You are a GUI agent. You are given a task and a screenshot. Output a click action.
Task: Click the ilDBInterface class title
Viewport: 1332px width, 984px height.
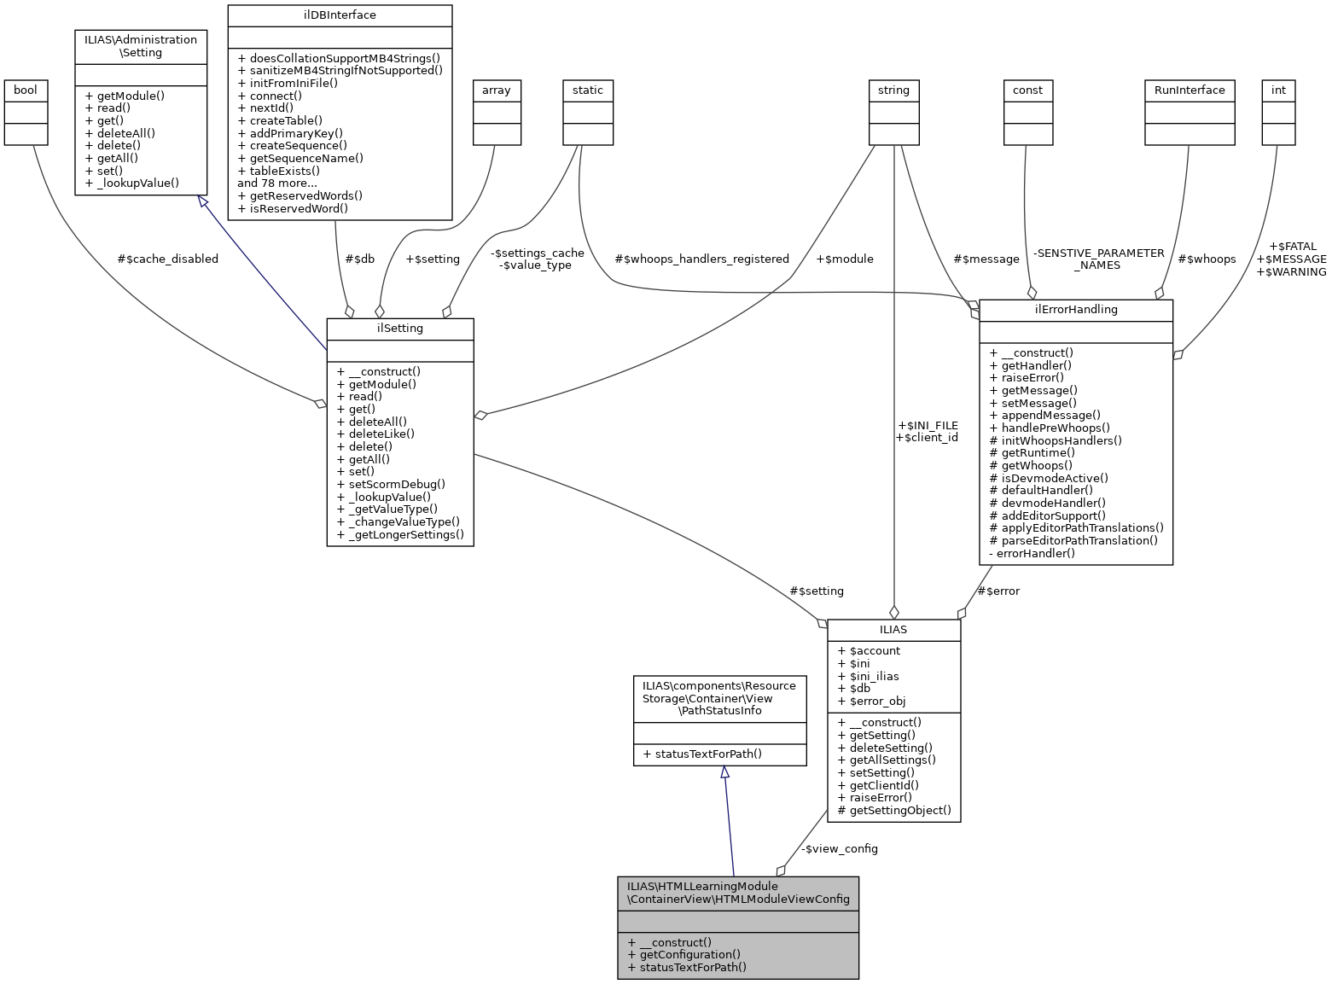tap(339, 15)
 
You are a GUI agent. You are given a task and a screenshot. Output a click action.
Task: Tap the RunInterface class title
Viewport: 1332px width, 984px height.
tap(1189, 90)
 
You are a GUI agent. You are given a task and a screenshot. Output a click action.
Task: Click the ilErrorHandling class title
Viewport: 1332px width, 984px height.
tap(1075, 310)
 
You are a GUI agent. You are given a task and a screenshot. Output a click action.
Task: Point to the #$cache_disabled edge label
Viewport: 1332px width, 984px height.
tap(167, 259)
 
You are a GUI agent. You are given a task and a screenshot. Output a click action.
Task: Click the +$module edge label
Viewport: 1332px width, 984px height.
tap(845, 259)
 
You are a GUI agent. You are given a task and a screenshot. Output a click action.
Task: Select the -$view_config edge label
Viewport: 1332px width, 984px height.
tap(840, 848)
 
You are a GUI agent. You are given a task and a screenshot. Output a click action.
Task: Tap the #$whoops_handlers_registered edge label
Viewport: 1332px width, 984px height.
tap(701, 259)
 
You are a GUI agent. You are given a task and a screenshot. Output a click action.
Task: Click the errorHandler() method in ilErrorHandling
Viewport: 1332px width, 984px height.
tap(1032, 553)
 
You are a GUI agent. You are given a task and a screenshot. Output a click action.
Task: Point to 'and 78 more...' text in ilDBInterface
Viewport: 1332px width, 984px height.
tap(277, 183)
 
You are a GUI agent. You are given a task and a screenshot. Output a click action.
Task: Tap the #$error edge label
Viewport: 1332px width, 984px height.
tap(998, 591)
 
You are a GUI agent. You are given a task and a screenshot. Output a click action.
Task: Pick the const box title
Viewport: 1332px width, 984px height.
tap(1027, 90)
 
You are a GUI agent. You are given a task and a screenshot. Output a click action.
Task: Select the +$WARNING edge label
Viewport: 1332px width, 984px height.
tap(1292, 271)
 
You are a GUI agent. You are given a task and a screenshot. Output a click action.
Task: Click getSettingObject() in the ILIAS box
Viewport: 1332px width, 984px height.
tap(894, 810)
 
